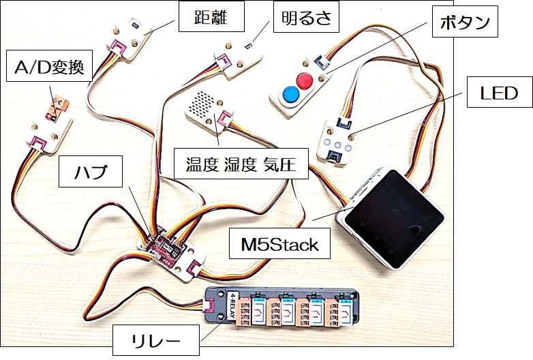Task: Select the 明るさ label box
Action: click(x=305, y=18)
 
